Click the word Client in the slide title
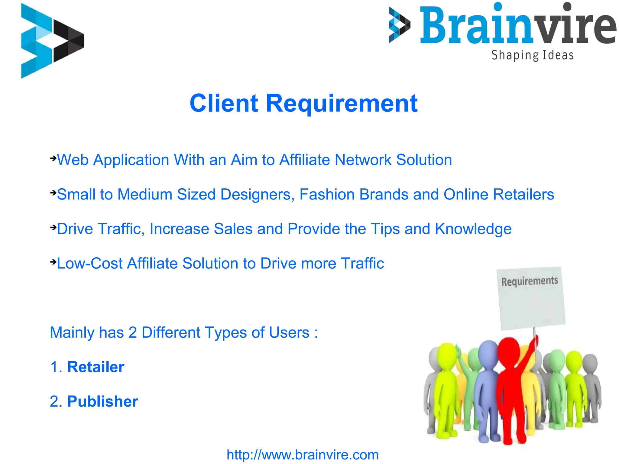[224, 103]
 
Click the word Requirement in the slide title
[342, 103]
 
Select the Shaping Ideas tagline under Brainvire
[532, 55]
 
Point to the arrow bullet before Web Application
[53, 158]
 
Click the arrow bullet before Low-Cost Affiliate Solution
[53, 262]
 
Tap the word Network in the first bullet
[363, 160]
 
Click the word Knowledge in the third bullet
[473, 229]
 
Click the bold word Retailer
[96, 367]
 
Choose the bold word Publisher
[102, 401]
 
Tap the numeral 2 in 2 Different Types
[132, 333]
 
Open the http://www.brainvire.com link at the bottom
[303, 455]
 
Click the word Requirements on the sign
[530, 281]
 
